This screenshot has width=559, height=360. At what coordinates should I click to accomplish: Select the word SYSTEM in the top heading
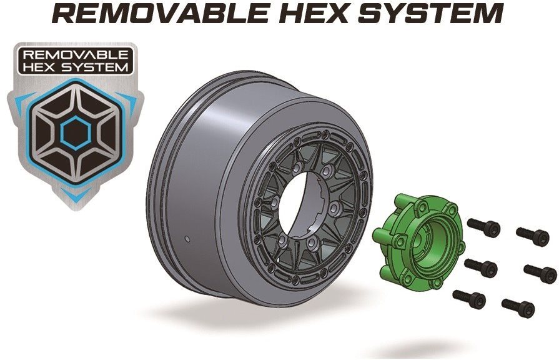click(x=430, y=14)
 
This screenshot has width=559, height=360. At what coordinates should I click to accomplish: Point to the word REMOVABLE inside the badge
click(x=75, y=54)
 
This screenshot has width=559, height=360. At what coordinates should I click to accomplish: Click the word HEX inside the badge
click(x=42, y=67)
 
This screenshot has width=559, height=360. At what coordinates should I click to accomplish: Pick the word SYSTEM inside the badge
click(x=94, y=67)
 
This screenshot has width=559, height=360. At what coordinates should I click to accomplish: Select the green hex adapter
click(x=418, y=241)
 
